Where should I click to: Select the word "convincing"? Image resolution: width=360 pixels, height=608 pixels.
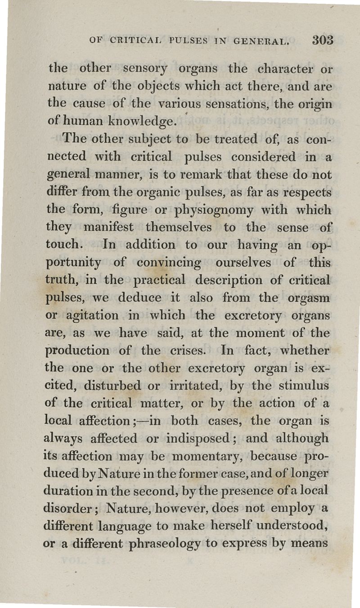(x=168, y=263)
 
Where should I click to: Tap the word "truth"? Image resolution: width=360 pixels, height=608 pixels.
(x=64, y=280)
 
